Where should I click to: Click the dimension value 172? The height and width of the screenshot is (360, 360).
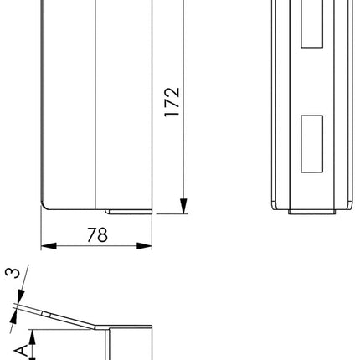(172, 103)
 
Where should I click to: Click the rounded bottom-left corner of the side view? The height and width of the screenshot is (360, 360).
(47, 204)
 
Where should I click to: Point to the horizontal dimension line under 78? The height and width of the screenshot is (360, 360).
(97, 246)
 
